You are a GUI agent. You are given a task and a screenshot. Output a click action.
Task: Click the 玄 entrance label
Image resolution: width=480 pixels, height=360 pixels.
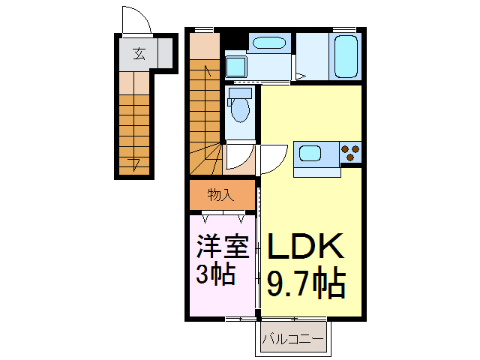pos(139,53)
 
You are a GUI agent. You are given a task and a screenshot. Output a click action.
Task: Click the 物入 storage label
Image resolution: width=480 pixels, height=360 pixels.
pos(221,195)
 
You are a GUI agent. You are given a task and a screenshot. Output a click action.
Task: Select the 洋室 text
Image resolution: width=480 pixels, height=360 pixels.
pos(222,247)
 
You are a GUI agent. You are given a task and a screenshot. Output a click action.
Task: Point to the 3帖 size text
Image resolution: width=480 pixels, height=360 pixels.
pos(216,274)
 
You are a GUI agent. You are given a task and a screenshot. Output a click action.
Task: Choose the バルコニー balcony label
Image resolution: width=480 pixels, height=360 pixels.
pos(294,340)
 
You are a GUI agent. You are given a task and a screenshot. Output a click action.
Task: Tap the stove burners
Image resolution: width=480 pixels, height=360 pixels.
pos(349,153)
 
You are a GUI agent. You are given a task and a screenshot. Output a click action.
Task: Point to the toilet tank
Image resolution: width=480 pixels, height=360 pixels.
pos(240,93)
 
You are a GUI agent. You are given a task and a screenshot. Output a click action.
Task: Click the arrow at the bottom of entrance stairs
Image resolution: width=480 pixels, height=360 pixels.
pos(134,163)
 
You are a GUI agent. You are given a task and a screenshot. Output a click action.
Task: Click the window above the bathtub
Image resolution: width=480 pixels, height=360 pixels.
pos(345,29)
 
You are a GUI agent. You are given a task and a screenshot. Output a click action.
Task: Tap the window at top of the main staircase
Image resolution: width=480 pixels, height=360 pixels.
pos(202,29)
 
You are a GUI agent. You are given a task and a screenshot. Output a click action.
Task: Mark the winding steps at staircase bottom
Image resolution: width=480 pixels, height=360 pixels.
pos(206,157)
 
